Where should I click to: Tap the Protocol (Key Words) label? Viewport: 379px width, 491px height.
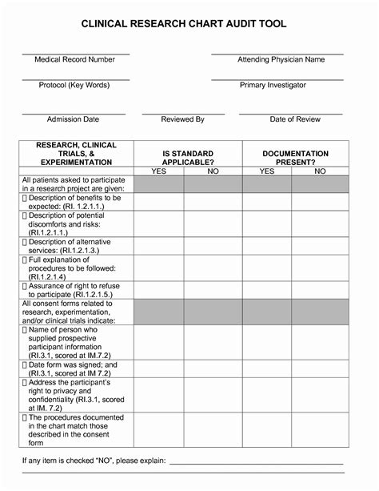(x=75, y=85)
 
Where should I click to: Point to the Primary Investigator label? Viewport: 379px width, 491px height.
(x=273, y=85)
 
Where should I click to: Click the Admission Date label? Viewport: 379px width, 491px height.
(x=73, y=119)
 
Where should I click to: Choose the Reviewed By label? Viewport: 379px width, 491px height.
(x=183, y=119)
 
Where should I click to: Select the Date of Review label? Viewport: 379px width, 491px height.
(x=295, y=119)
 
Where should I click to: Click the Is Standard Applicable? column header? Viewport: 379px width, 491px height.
(x=187, y=157)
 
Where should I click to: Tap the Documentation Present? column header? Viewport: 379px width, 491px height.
(x=295, y=157)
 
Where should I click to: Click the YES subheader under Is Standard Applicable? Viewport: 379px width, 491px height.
(x=158, y=171)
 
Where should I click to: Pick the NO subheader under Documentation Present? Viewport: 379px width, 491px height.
(x=321, y=171)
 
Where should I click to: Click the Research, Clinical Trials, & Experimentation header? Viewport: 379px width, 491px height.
(x=77, y=153)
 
